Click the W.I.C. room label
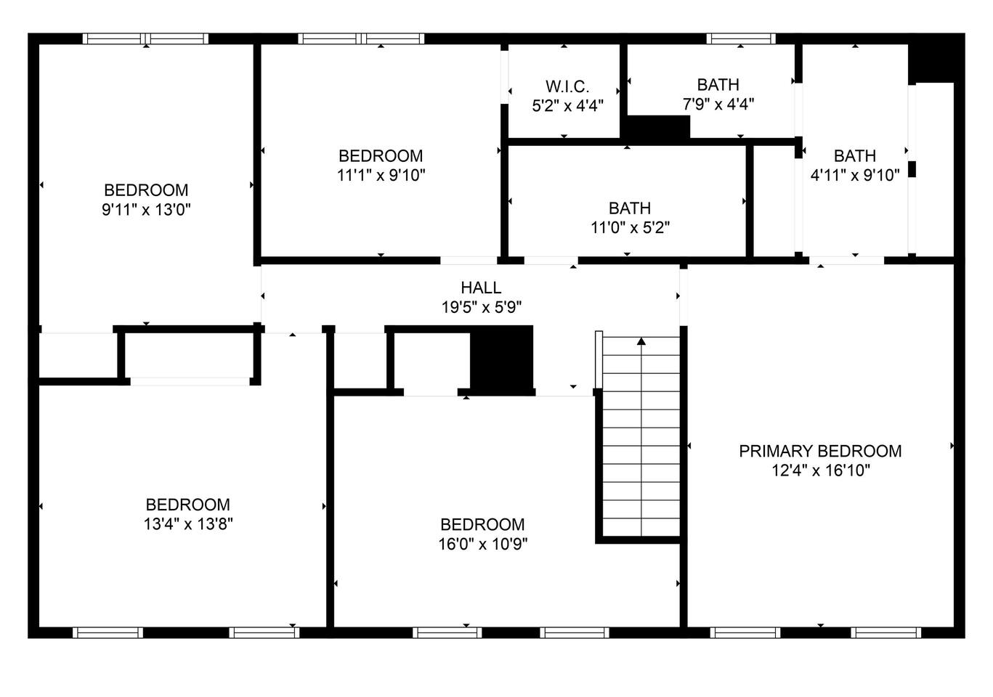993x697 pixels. [x=567, y=86]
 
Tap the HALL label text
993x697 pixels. [x=481, y=288]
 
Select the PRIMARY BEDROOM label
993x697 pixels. [x=820, y=451]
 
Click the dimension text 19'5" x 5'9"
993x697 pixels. [x=482, y=307]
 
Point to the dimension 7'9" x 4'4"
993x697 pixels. [x=718, y=104]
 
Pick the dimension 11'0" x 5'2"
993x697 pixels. [x=630, y=228]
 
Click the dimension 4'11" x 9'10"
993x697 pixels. [x=855, y=176]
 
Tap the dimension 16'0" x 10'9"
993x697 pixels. [x=483, y=544]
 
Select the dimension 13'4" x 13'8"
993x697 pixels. [x=188, y=523]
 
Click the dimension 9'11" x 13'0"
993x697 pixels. [x=146, y=210]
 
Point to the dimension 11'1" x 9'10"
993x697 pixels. [x=381, y=176]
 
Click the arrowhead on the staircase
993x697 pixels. [x=641, y=341]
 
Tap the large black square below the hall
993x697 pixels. [x=501, y=360]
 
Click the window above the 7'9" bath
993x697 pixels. [x=741, y=38]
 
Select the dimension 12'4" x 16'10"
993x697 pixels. [x=821, y=470]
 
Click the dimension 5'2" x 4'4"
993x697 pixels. [x=567, y=105]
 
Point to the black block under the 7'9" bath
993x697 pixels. [x=657, y=128]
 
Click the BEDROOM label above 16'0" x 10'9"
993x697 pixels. [x=482, y=525]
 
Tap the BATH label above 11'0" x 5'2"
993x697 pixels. [x=630, y=208]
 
